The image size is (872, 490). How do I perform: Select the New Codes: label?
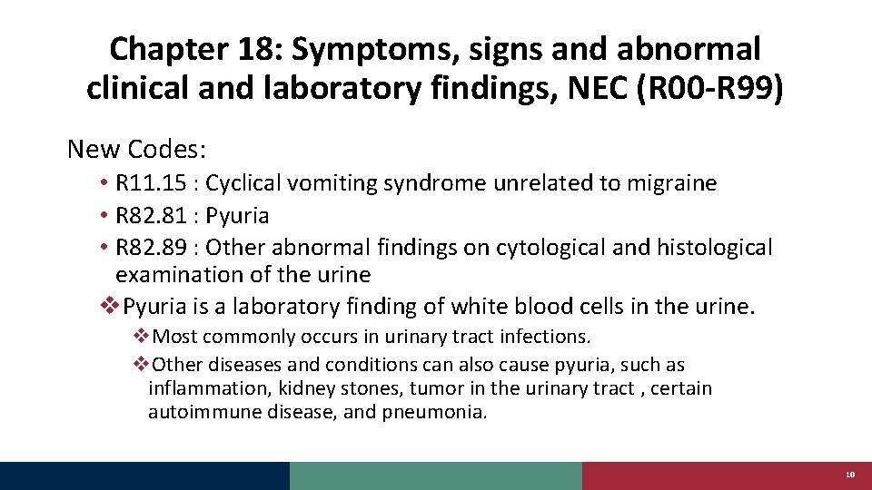pos(137,148)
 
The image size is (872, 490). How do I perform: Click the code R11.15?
pos(152,183)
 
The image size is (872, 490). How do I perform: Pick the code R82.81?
pos(152,215)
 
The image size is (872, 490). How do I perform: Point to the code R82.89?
pos(152,247)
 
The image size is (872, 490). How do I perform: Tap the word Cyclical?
pos(243,183)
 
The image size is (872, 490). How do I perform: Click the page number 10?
pos(850,475)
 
